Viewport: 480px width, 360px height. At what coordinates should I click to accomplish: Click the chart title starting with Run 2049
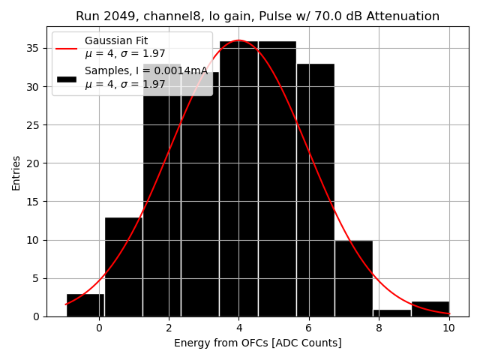pyautogui.click(x=257, y=16)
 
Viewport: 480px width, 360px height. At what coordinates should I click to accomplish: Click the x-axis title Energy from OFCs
pyautogui.click(x=257, y=343)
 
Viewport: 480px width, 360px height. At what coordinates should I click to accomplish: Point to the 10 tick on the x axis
pyautogui.click(x=448, y=328)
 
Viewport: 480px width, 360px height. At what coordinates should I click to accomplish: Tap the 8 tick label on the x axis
pyautogui.click(x=379, y=328)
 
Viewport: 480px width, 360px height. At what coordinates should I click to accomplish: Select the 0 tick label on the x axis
pyautogui.click(x=99, y=328)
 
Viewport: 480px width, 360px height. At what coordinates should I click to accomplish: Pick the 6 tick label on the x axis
pyautogui.click(x=309, y=328)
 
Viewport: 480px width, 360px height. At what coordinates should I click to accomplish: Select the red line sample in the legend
pyautogui.click(x=66, y=46)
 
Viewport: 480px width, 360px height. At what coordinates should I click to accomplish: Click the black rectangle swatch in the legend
pyautogui.click(x=66, y=78)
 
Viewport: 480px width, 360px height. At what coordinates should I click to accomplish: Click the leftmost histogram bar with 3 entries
pyautogui.click(x=85, y=305)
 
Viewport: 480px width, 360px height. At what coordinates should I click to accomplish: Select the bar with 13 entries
pyautogui.click(x=124, y=267)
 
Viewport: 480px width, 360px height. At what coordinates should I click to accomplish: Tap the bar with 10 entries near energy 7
pyautogui.click(x=353, y=278)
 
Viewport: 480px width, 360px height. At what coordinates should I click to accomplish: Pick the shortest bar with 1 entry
pyautogui.click(x=391, y=313)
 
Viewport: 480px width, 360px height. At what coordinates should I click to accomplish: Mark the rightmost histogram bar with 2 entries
pyautogui.click(x=430, y=309)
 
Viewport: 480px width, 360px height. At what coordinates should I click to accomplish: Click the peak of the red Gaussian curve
pyautogui.click(x=239, y=40)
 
